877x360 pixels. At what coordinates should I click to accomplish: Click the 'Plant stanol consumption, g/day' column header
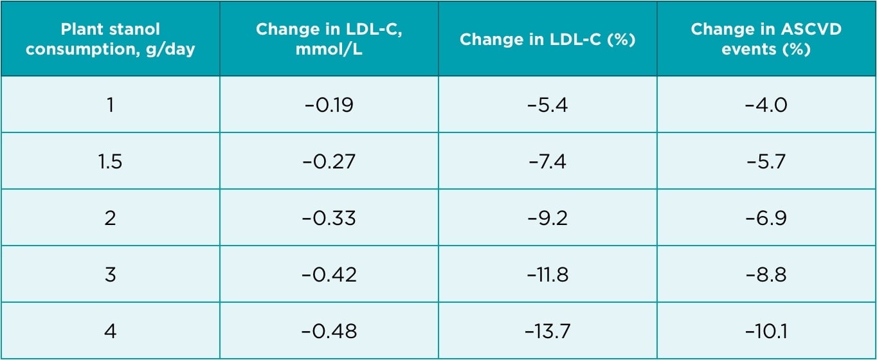pos(110,39)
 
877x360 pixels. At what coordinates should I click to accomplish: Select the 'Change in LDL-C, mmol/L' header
pos(329,39)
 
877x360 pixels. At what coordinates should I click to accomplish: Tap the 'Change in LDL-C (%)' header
pos(547,39)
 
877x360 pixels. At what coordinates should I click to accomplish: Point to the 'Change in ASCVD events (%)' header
pos(766,39)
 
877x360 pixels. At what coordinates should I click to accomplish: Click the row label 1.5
pos(110,161)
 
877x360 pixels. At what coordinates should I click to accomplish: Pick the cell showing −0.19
pos(329,105)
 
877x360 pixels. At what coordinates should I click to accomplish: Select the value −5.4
pos(547,105)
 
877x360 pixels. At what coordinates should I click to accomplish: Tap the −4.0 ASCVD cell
pos(766,105)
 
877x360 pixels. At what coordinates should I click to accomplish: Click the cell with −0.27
pos(329,161)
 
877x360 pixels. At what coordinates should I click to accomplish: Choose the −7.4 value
pos(547,161)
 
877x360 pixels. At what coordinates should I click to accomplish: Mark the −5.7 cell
pos(766,161)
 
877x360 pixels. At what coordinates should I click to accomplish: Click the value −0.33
pos(329,217)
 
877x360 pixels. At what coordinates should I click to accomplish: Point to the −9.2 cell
pos(547,217)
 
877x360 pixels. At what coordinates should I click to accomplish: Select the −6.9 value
pos(766,217)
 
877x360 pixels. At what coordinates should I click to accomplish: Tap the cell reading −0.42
pos(329,274)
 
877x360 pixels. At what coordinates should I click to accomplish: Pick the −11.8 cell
pos(547,274)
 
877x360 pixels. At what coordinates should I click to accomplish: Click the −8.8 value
pos(766,274)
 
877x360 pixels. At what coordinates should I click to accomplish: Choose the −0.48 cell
pos(329,331)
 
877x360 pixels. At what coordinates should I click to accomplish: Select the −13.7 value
pos(547,331)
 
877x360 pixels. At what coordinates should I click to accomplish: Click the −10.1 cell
pos(766,331)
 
